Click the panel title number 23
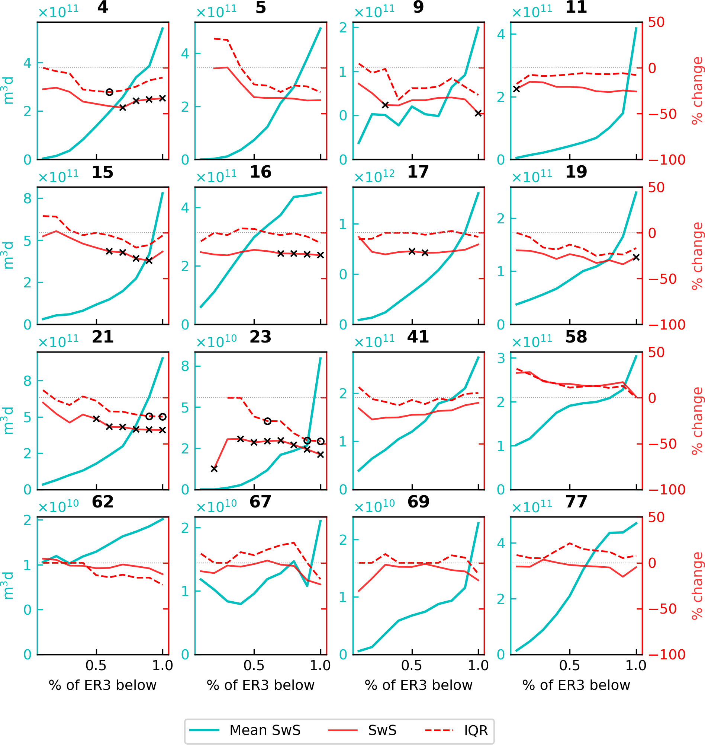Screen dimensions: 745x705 tap(260, 337)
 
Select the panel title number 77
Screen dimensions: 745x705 tap(576, 502)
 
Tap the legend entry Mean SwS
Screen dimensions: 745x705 tap(265, 730)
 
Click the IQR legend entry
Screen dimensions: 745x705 tap(476, 730)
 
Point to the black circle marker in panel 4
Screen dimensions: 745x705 tap(109, 92)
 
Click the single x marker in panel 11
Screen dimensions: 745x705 tap(516, 89)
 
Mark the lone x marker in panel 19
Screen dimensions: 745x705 tap(636, 257)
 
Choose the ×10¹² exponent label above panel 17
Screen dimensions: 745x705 tap(374, 176)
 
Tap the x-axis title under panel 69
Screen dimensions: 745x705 tap(418, 685)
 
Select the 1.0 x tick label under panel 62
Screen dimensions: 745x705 tap(162, 666)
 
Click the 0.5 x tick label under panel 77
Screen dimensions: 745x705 tap(569, 666)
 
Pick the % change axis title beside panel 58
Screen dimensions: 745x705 tap(697, 421)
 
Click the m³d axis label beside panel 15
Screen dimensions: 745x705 tap(8, 255)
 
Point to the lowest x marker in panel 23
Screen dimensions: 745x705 tap(214, 469)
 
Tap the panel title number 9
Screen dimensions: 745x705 tap(418, 7)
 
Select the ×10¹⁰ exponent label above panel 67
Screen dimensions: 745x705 tap(216, 507)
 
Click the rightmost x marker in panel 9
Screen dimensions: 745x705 tap(478, 113)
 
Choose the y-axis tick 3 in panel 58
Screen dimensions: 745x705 tap(501, 359)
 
